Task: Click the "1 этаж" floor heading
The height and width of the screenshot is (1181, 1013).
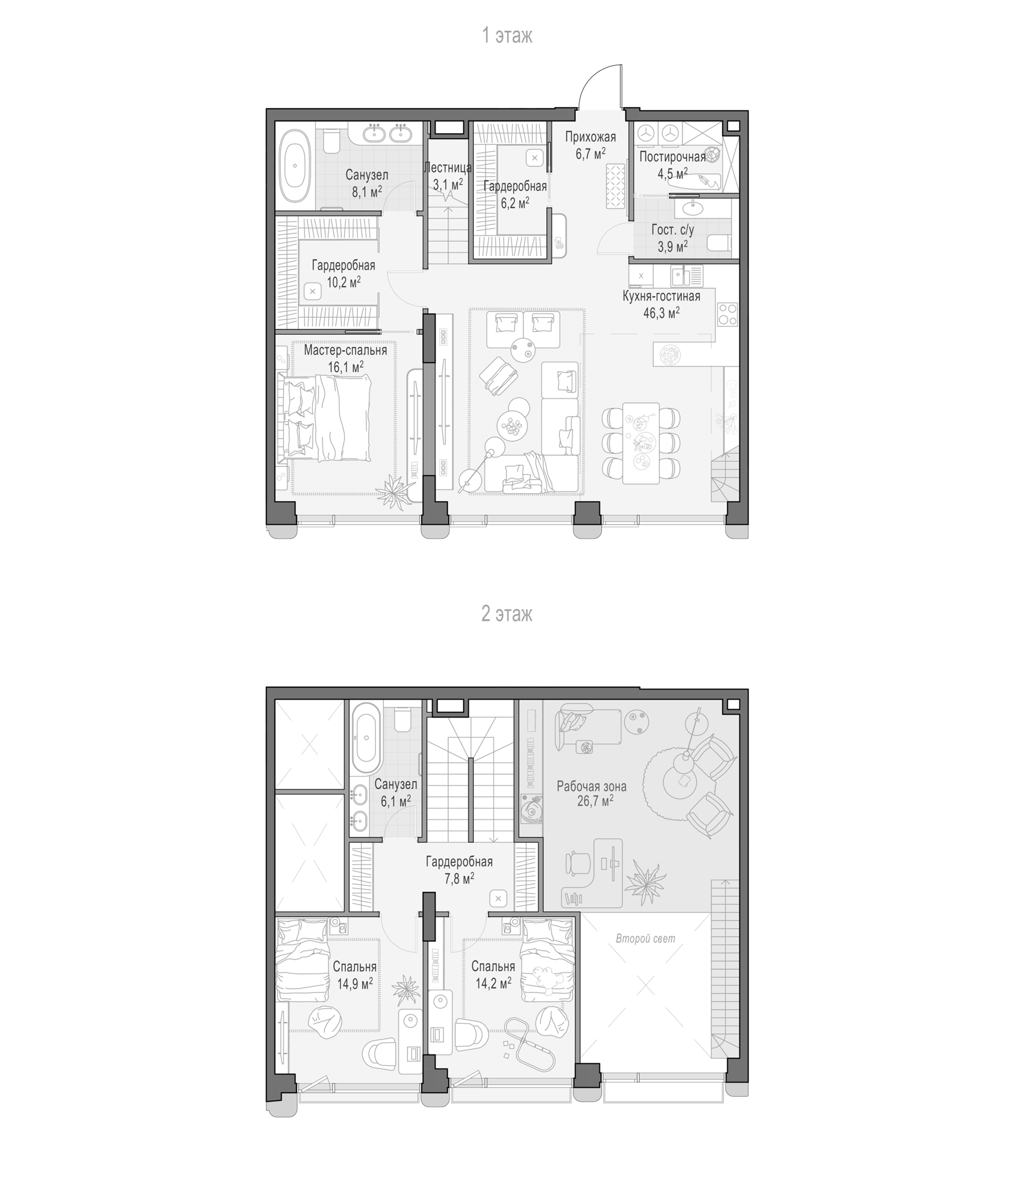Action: [507, 35]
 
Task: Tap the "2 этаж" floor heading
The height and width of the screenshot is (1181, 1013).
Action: [507, 614]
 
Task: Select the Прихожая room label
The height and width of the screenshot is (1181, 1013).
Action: [590, 137]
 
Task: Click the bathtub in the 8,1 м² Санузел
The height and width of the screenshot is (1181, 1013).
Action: [295, 165]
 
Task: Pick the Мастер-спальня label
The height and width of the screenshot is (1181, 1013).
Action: [345, 350]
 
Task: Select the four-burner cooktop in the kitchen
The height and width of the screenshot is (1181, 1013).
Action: [727, 314]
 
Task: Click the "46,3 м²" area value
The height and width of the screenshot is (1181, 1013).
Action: [661, 312]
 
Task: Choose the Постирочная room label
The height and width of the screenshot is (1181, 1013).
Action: [673, 157]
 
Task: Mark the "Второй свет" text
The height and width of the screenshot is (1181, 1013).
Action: [645, 938]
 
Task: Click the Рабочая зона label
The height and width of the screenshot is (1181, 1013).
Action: [591, 787]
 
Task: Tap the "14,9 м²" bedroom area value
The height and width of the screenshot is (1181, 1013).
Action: [355, 983]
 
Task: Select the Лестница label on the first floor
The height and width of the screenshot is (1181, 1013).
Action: [448, 168]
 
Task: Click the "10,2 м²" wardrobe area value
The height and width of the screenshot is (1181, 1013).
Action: [343, 282]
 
